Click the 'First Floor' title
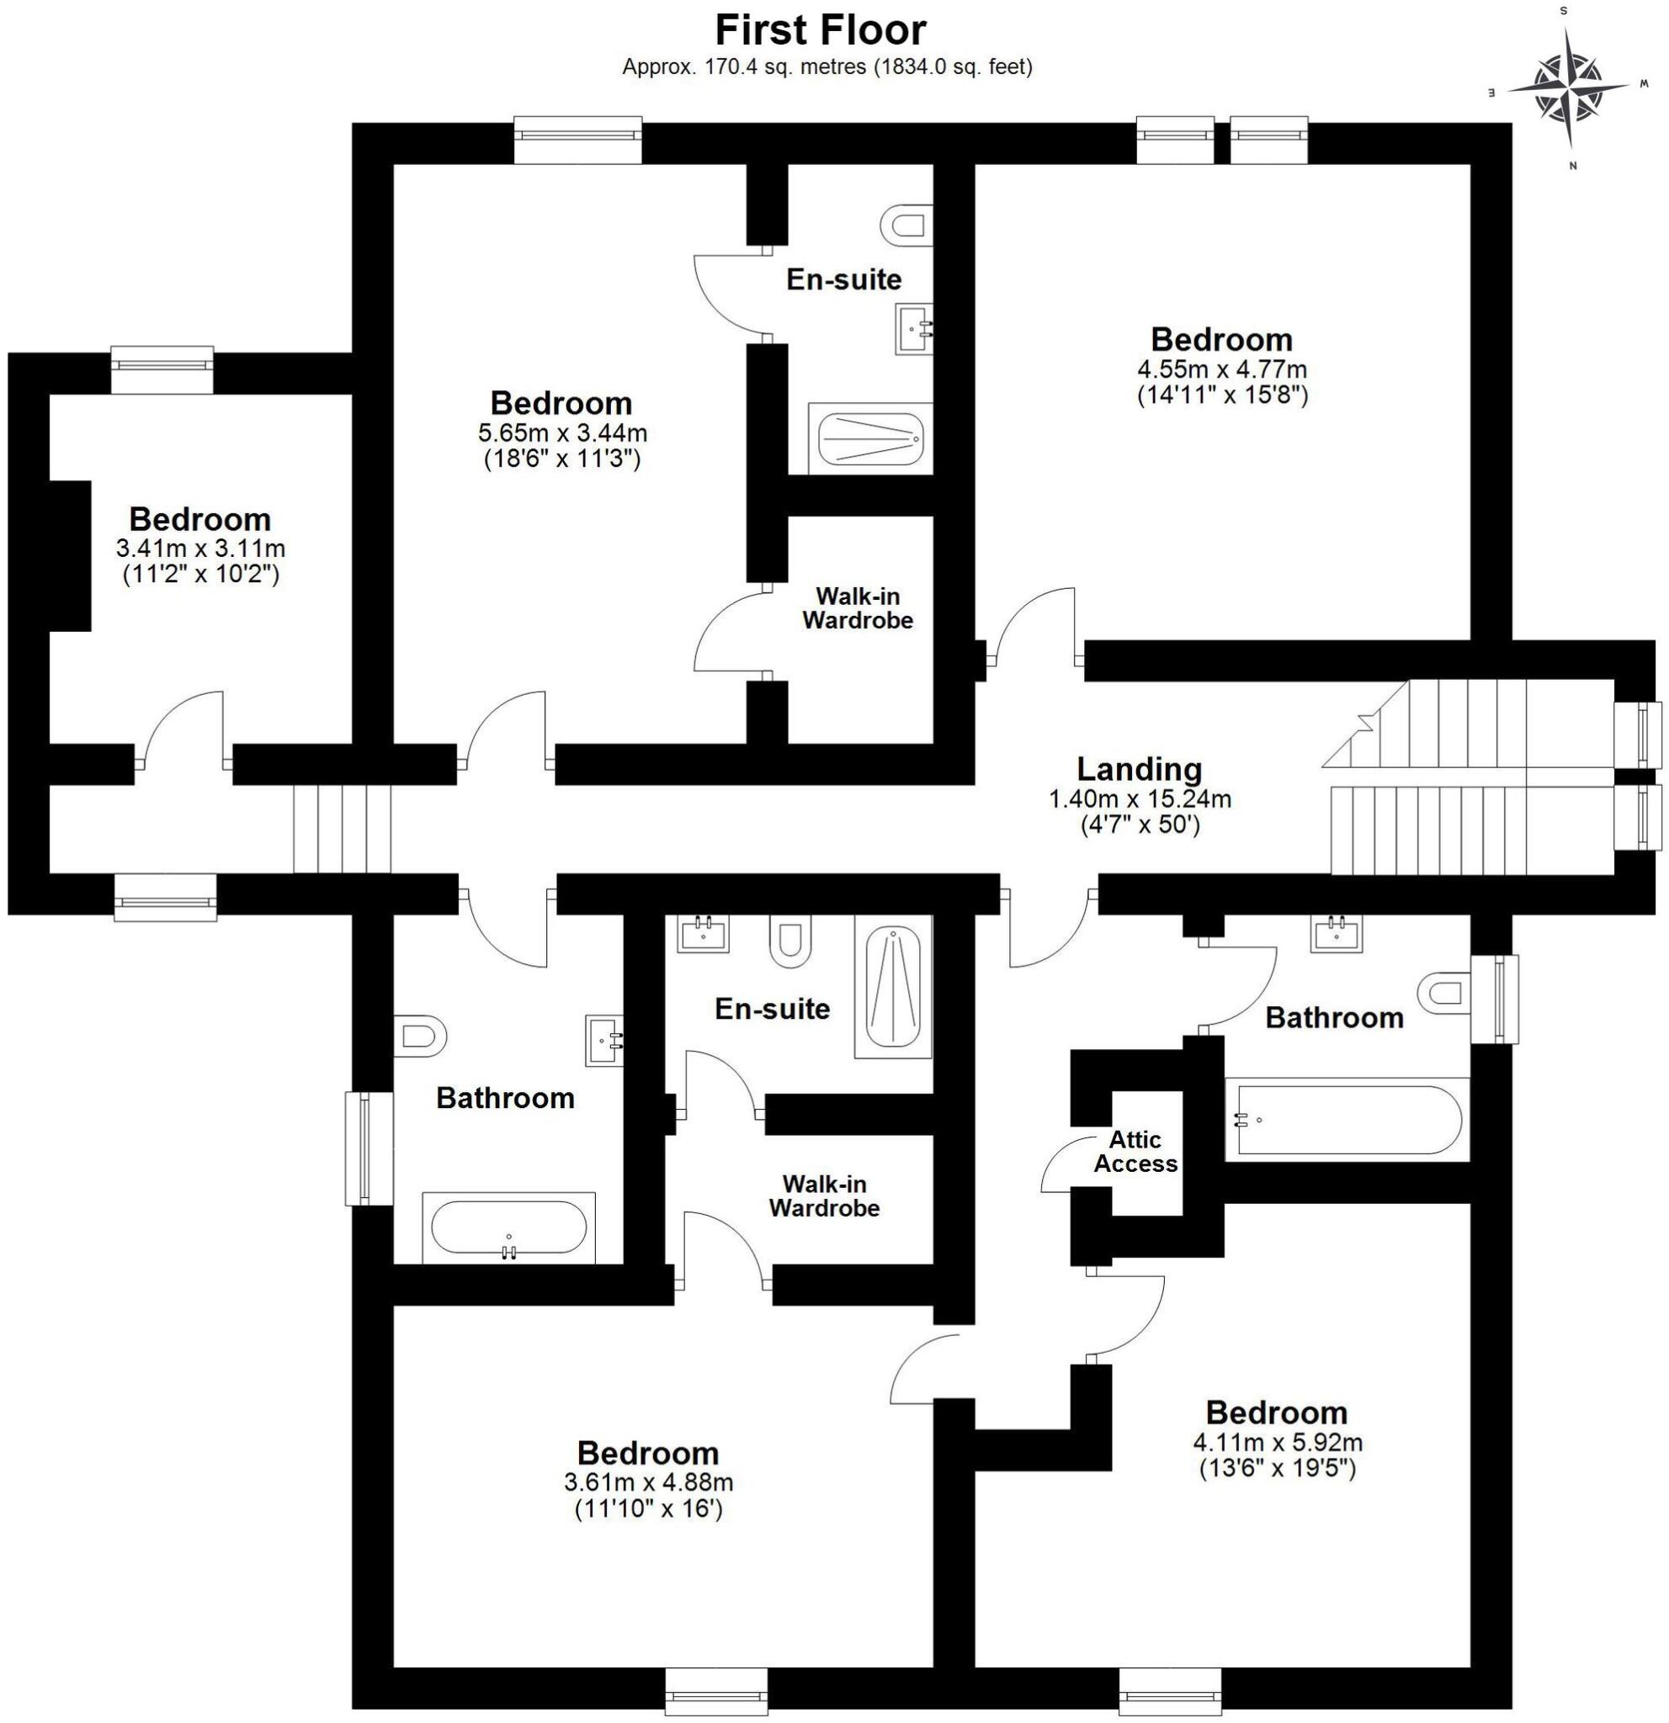(x=820, y=31)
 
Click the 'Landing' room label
(x=1139, y=769)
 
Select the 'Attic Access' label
(x=1135, y=1152)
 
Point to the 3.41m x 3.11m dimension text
(x=200, y=549)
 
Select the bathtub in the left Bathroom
(x=508, y=1228)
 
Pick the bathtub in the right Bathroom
(x=1347, y=1121)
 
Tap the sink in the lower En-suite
(x=704, y=934)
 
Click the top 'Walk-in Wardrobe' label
(x=858, y=608)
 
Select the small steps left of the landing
(x=342, y=829)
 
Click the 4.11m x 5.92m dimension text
(x=1277, y=1443)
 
